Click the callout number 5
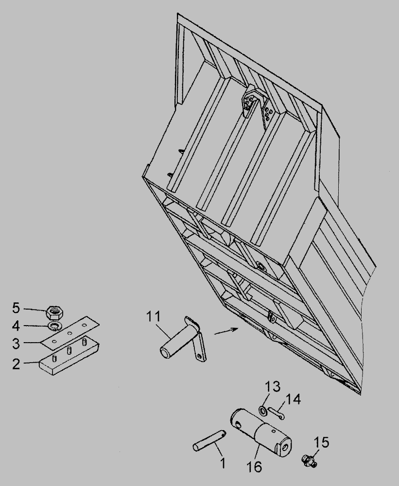point(16,308)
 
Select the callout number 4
point(16,326)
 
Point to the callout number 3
point(16,344)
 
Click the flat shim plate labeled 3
point(70,332)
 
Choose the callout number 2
point(16,364)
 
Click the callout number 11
point(154,316)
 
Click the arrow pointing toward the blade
point(226,330)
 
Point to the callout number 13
point(273,386)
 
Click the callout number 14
point(293,399)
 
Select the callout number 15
point(322,442)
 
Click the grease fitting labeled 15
point(310,460)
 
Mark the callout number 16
point(254,467)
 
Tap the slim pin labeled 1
point(209,440)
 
